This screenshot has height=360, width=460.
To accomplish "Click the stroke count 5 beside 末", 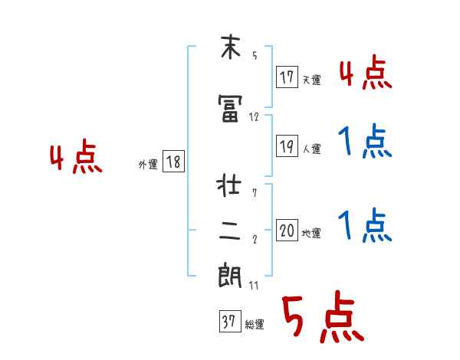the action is (x=254, y=56).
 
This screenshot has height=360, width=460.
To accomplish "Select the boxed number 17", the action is (x=287, y=78).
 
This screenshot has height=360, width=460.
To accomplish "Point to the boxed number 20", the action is (x=287, y=231).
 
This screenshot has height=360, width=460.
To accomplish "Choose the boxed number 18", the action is (x=172, y=162).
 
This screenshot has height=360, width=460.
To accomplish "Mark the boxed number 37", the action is (x=228, y=322).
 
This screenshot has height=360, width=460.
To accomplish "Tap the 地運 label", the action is (x=311, y=233).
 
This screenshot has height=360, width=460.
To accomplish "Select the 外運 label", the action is (x=147, y=164).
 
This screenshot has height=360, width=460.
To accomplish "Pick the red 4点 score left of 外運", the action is (x=76, y=159).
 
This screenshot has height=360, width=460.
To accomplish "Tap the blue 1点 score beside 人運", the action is (x=365, y=142).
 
